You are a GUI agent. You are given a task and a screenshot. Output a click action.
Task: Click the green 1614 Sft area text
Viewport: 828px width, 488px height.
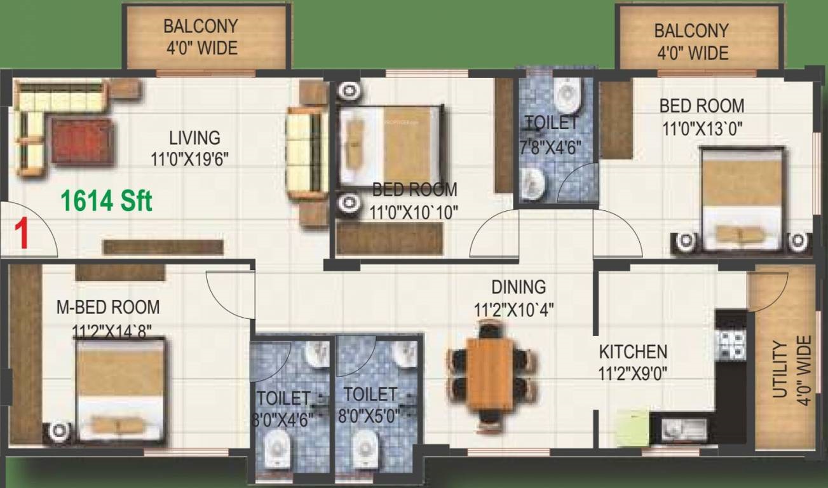pos(107,201)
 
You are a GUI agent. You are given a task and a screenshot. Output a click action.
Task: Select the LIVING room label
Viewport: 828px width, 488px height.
pos(195,138)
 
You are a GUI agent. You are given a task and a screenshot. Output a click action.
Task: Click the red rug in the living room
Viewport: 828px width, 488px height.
pos(82,141)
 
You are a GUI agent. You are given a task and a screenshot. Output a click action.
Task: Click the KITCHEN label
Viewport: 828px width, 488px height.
pos(633,351)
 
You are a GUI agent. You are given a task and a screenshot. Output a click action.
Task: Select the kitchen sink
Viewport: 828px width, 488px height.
pos(684,430)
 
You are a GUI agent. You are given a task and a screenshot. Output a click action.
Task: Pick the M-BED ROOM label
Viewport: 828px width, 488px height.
pos(108,307)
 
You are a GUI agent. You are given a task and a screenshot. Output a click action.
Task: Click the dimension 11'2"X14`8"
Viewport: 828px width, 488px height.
pos(112,331)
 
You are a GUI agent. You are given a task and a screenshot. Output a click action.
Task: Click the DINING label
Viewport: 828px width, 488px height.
pos(519,287)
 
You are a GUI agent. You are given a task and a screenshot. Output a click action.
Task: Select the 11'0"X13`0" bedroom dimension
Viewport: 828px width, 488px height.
pos(702,130)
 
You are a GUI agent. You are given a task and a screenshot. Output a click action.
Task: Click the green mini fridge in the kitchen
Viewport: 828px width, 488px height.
pos(632,427)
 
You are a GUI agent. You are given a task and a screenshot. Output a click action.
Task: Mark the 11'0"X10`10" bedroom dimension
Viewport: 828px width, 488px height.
pos(414,213)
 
